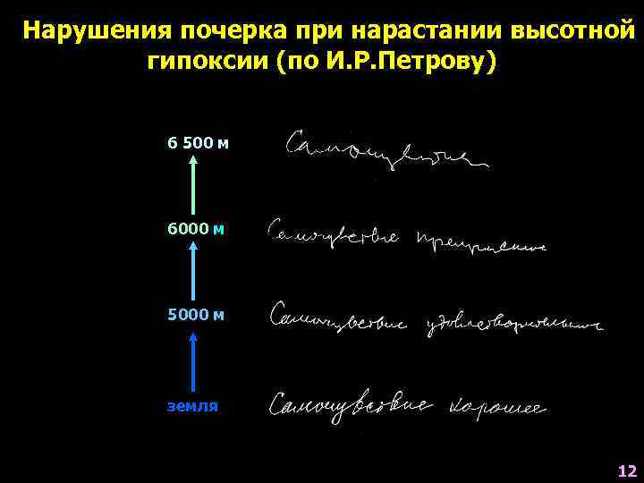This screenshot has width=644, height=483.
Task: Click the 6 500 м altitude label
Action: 198,142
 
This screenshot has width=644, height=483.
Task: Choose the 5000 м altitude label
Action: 196,315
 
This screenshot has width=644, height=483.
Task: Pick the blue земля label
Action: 192,405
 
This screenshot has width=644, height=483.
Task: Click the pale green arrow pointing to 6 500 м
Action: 194,184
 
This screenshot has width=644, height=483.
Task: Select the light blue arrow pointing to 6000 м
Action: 194,272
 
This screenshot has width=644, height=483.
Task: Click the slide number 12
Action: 626,470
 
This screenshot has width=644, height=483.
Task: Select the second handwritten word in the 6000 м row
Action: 480,241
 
